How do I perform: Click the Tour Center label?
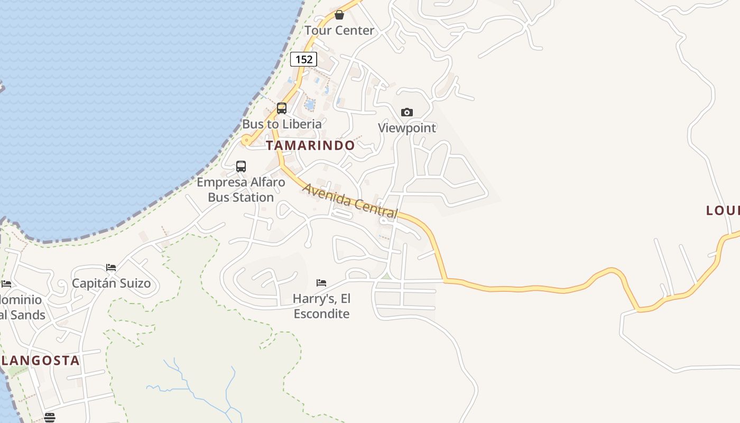(x=339, y=31)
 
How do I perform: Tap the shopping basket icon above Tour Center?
(x=339, y=15)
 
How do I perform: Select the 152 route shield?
(x=304, y=59)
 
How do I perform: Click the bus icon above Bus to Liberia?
(x=282, y=108)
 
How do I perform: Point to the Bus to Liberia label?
(x=282, y=124)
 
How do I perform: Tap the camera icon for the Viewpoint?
(x=406, y=112)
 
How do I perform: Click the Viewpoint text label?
(x=407, y=128)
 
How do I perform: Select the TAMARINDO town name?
(x=310, y=145)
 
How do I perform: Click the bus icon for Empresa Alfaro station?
(x=241, y=167)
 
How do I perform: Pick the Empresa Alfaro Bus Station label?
(x=241, y=190)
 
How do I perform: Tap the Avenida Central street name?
(x=350, y=201)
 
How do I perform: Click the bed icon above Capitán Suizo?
(x=111, y=268)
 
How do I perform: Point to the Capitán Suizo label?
(x=111, y=283)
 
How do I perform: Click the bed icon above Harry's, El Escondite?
(x=321, y=283)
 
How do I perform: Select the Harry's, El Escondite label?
(x=321, y=306)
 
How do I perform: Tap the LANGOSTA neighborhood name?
(x=41, y=361)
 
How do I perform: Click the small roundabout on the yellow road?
(x=246, y=141)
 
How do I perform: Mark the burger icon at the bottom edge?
(x=50, y=418)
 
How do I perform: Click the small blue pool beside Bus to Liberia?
(x=310, y=104)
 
